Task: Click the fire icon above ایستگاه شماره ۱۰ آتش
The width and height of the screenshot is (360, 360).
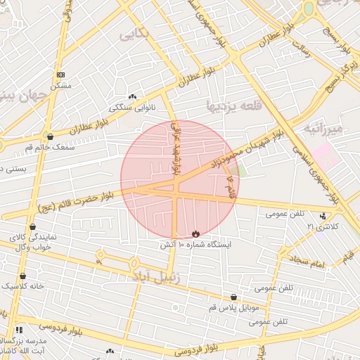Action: point(195,233)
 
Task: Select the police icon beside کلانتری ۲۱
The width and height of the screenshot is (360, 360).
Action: point(323,216)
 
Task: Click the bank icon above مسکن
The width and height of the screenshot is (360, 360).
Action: point(60,74)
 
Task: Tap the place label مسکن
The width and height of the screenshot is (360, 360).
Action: point(60,84)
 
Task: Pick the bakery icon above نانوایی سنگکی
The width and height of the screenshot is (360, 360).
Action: point(132,96)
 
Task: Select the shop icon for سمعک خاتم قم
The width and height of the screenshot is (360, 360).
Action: point(49,136)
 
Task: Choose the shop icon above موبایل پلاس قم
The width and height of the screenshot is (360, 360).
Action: point(233,297)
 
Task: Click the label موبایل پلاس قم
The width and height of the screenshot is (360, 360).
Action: point(234,308)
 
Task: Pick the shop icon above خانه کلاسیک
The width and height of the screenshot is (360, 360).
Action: point(23,276)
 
